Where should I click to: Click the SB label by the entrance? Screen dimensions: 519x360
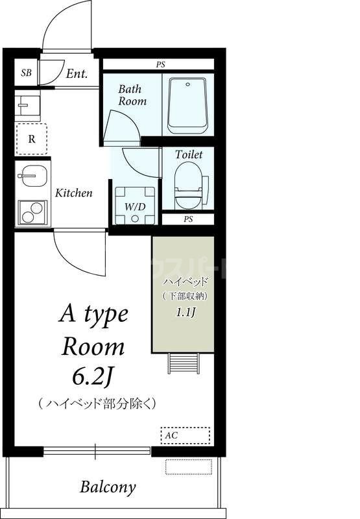(27, 73)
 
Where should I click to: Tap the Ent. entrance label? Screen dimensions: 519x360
(77, 73)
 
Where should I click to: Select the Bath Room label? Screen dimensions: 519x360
(132, 95)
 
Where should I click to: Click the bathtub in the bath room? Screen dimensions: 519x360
(187, 104)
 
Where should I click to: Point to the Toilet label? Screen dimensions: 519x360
(189, 154)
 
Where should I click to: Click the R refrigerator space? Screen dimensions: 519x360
(31, 138)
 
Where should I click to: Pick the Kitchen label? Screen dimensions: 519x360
(73, 193)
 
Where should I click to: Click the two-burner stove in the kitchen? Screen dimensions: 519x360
(32, 211)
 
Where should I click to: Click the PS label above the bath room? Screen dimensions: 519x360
(160, 64)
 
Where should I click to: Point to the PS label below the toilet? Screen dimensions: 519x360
(188, 219)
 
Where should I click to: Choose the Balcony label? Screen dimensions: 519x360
(108, 487)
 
